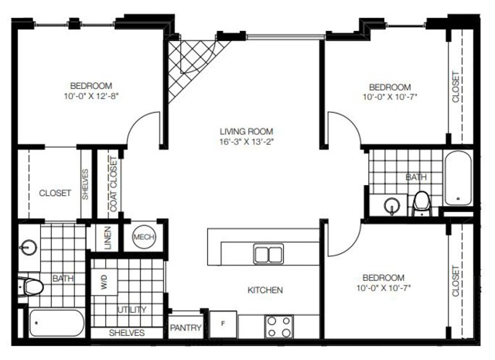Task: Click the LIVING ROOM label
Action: [x=246, y=131]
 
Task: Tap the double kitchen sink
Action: [x=268, y=253]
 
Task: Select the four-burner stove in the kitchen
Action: [x=279, y=327]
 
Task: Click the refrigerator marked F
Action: [x=224, y=324]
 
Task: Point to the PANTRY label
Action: [x=186, y=327]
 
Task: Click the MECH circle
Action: [x=144, y=237]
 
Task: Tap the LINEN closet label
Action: [x=108, y=238]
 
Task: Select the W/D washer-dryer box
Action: [x=104, y=282]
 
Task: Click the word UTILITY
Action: [x=132, y=310]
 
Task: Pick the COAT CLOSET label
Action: [x=114, y=184]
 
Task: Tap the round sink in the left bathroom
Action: [x=29, y=247]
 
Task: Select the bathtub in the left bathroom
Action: [x=56, y=323]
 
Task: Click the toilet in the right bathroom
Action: [x=422, y=204]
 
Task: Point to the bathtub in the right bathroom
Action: [x=458, y=179]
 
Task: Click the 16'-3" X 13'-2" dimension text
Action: [x=246, y=142]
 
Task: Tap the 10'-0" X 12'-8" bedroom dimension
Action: [x=91, y=96]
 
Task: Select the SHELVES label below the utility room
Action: [x=127, y=333]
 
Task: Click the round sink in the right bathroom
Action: [x=392, y=205]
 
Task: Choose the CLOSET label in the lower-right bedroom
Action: [x=456, y=281]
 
